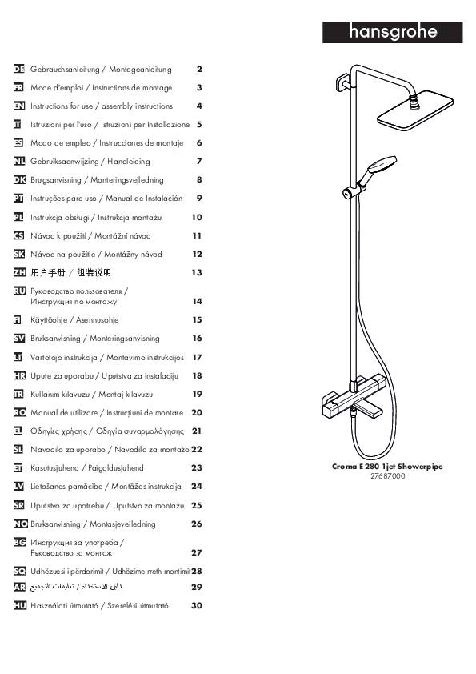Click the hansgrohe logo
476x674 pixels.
tap(392, 32)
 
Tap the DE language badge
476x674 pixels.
tap(19, 69)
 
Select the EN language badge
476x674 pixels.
tap(19, 106)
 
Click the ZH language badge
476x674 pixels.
tap(19, 272)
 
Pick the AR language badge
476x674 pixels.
tap(19, 587)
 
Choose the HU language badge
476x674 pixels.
tap(20, 605)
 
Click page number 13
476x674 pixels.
tap(197, 272)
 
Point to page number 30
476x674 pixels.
tap(196, 605)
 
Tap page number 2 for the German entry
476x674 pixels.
tap(199, 69)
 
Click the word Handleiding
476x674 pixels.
tap(129, 162)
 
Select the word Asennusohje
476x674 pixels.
tap(97, 320)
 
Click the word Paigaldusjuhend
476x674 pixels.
tap(116, 468)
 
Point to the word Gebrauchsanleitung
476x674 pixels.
tap(65, 69)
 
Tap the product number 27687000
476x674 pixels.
tap(387, 475)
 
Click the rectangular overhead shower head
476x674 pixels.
tap(415, 110)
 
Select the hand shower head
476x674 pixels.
tap(382, 164)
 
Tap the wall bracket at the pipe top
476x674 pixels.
tap(342, 82)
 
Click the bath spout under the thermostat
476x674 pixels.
tap(365, 410)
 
